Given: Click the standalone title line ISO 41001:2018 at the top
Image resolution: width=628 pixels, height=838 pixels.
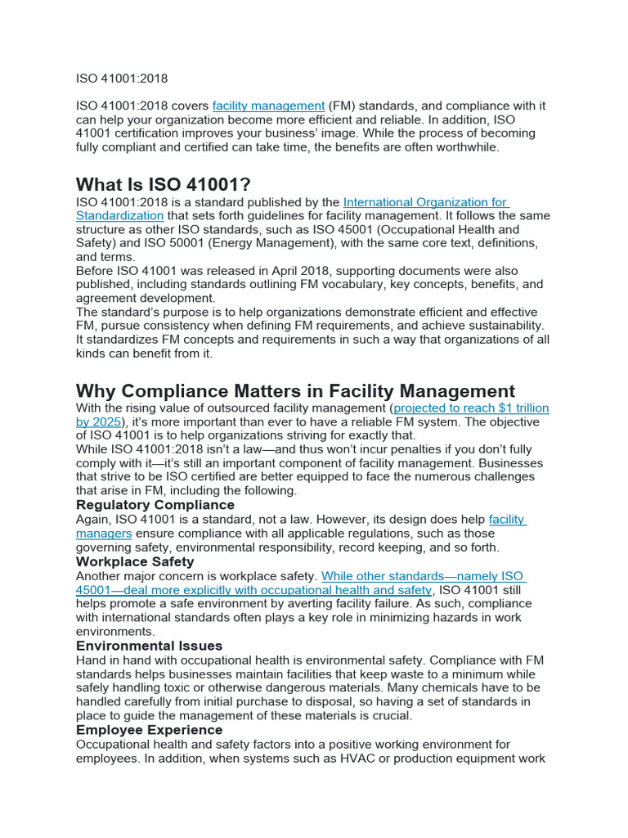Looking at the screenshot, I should point(122,79).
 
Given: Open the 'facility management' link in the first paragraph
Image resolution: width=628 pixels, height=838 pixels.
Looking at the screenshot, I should point(268,106).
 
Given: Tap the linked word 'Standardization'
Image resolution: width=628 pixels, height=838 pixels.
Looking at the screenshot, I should point(119,216).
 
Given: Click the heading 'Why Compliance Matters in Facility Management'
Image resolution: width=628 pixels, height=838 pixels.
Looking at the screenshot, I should point(295,390).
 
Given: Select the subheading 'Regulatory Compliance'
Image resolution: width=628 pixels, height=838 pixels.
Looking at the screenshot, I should point(155,505).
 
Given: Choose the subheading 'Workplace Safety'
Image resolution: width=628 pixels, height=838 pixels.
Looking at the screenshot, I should point(135,561).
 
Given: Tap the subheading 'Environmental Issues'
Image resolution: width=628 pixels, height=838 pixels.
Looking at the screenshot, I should point(149,646).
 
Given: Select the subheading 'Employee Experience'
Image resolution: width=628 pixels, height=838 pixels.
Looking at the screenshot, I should point(149,730).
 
